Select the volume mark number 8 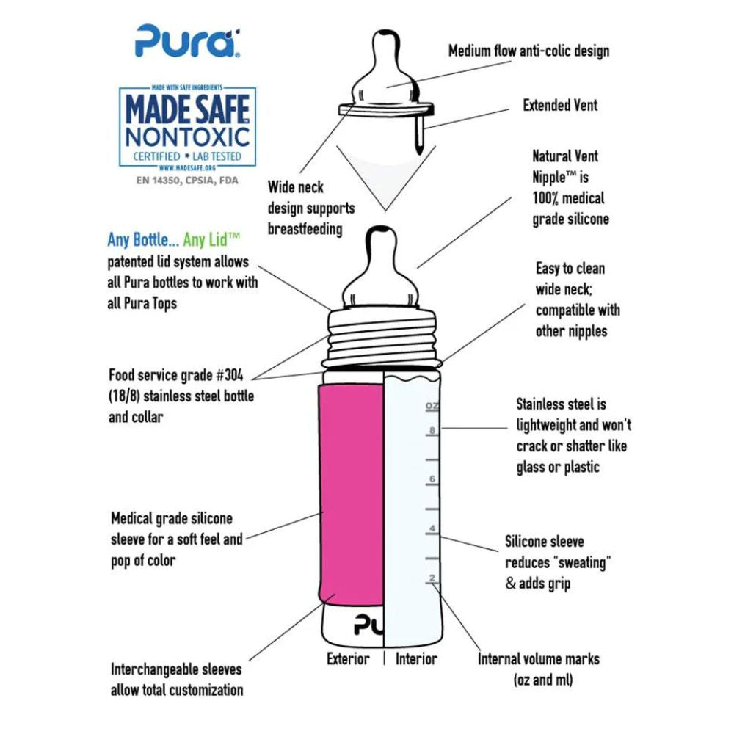coord(433,431)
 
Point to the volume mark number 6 coord(433,479)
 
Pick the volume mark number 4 coord(433,528)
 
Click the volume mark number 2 coord(433,578)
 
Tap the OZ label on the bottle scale coord(432,405)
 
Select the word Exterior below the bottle coord(348,658)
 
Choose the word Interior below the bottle coord(416,658)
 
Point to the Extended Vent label coord(560,105)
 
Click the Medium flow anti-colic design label coord(528,51)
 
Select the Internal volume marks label coord(539,658)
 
